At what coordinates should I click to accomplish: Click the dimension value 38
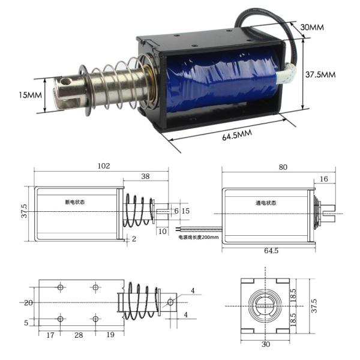point(145,176)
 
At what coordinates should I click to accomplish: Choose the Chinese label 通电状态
point(265,203)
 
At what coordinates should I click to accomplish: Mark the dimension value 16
point(323,179)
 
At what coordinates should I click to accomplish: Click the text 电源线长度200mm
point(199,237)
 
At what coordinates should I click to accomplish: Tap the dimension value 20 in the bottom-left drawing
point(28,303)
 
